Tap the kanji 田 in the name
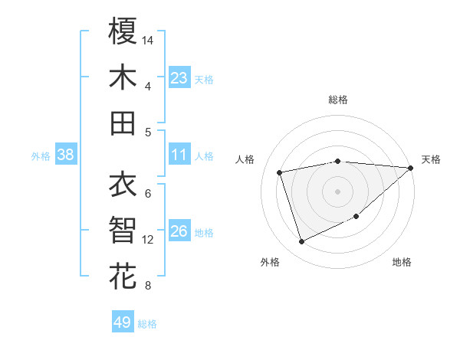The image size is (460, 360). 123,123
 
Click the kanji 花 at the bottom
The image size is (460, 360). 123,276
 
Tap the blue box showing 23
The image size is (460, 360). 179,78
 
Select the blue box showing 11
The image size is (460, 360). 179,155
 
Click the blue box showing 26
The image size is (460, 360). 179,231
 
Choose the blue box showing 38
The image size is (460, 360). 65,155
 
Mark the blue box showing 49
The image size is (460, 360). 123,322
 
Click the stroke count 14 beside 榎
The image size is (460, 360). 148,39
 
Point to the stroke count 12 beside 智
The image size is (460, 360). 148,240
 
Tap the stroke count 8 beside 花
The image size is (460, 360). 147,286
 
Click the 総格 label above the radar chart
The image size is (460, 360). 338,100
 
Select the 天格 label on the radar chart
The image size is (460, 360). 431,159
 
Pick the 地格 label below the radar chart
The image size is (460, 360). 402,262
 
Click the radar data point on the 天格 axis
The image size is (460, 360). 411,168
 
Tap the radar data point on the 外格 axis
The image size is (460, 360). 302,242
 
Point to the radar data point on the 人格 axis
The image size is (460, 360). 280,172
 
